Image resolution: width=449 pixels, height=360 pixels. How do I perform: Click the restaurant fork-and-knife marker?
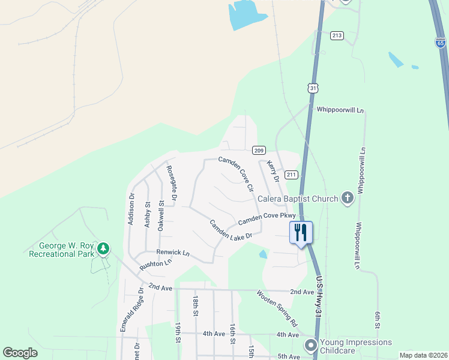pos(301,232)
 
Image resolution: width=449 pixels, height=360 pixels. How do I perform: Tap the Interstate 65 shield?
pos(441,42)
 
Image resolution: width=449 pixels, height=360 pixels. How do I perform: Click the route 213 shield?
pos(337,36)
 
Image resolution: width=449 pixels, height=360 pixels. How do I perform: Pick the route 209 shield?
pos(259,150)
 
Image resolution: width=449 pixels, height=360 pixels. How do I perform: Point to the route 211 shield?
pos(291,175)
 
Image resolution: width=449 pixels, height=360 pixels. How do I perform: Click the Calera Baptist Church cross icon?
pos(347,198)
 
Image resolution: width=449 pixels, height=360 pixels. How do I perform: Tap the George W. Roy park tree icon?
pos(103,247)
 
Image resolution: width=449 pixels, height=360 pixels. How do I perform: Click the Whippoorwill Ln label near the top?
pos(340,110)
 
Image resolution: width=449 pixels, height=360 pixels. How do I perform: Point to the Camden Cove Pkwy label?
pos(267,218)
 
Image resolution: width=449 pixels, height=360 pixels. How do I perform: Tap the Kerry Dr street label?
pos(273,171)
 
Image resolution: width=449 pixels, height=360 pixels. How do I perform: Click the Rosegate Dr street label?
pos(172,182)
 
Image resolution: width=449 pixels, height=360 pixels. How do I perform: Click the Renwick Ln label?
pos(173,253)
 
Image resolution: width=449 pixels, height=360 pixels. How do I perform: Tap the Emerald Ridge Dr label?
pos(131,310)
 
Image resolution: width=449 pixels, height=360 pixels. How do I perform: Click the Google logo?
pos(20,353)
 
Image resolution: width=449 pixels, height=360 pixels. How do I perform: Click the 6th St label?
pos(378,320)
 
